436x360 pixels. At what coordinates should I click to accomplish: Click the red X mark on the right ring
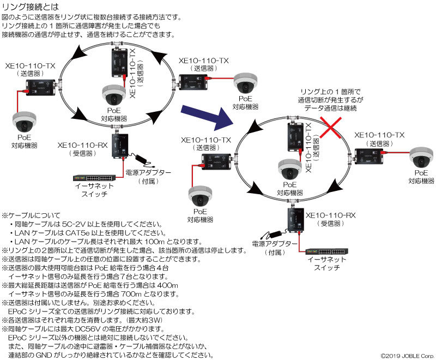coord(330,128)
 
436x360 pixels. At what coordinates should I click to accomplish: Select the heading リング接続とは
coord(31,7)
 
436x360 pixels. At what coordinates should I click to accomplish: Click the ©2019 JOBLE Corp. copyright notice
coord(407,356)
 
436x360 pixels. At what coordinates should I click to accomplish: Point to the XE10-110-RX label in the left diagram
coord(82,145)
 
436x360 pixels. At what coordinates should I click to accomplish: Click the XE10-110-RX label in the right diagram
coord(331,215)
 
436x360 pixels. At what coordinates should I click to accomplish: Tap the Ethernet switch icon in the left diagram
coord(94,178)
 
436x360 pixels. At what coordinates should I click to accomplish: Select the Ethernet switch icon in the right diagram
coord(326,251)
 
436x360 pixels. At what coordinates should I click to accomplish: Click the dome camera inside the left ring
coord(114,94)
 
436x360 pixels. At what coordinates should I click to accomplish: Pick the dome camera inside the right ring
coord(290,169)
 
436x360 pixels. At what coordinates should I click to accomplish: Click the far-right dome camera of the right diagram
coord(421,157)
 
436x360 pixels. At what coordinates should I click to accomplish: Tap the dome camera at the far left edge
coord(25,122)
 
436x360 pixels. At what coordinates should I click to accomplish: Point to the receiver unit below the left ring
coord(120,146)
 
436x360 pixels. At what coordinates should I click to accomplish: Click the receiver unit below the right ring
coord(296,220)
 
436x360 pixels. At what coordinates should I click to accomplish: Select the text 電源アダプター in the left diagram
coord(148,173)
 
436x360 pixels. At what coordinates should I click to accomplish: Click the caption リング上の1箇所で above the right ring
coord(330,92)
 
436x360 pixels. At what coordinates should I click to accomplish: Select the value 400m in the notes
coord(168,285)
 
